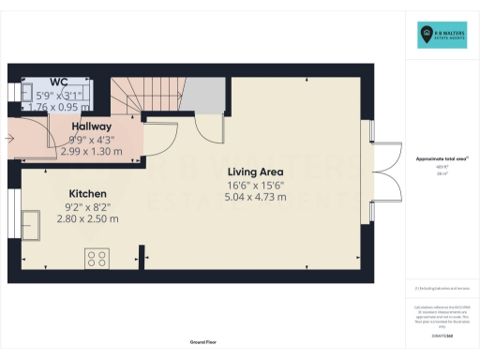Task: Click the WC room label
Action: (x=58, y=83)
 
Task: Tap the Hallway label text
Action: (x=91, y=127)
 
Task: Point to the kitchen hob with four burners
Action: (x=97, y=256)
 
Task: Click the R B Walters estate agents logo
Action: (x=443, y=36)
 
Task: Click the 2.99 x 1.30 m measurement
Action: (x=91, y=150)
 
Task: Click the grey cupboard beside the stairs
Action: (x=202, y=95)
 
